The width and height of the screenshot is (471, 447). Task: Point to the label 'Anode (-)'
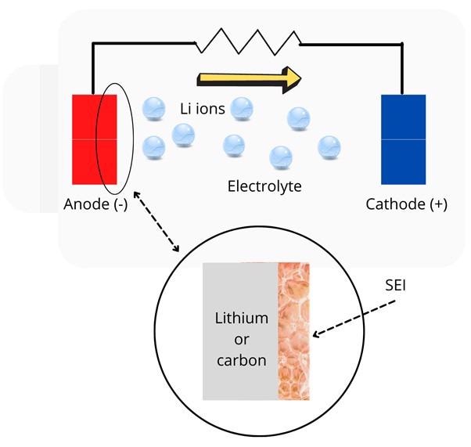92,205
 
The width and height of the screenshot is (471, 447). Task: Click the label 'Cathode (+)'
407,205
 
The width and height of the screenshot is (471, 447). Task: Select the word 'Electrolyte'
264,186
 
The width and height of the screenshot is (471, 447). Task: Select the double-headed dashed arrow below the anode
156,222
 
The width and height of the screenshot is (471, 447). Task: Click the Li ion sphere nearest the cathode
329,146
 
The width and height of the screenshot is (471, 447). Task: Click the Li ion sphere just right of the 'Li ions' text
242,107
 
